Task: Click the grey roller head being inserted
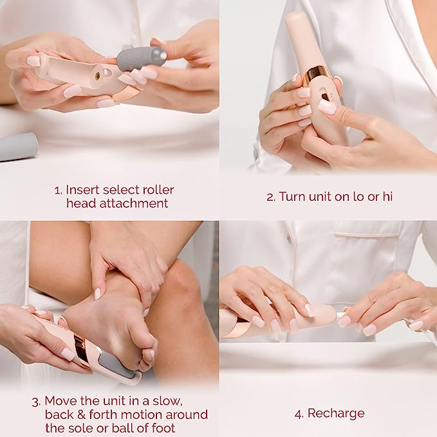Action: click(x=141, y=58)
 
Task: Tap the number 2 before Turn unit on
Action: click(x=270, y=197)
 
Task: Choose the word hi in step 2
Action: click(x=387, y=197)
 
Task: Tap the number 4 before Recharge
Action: click(x=298, y=413)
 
